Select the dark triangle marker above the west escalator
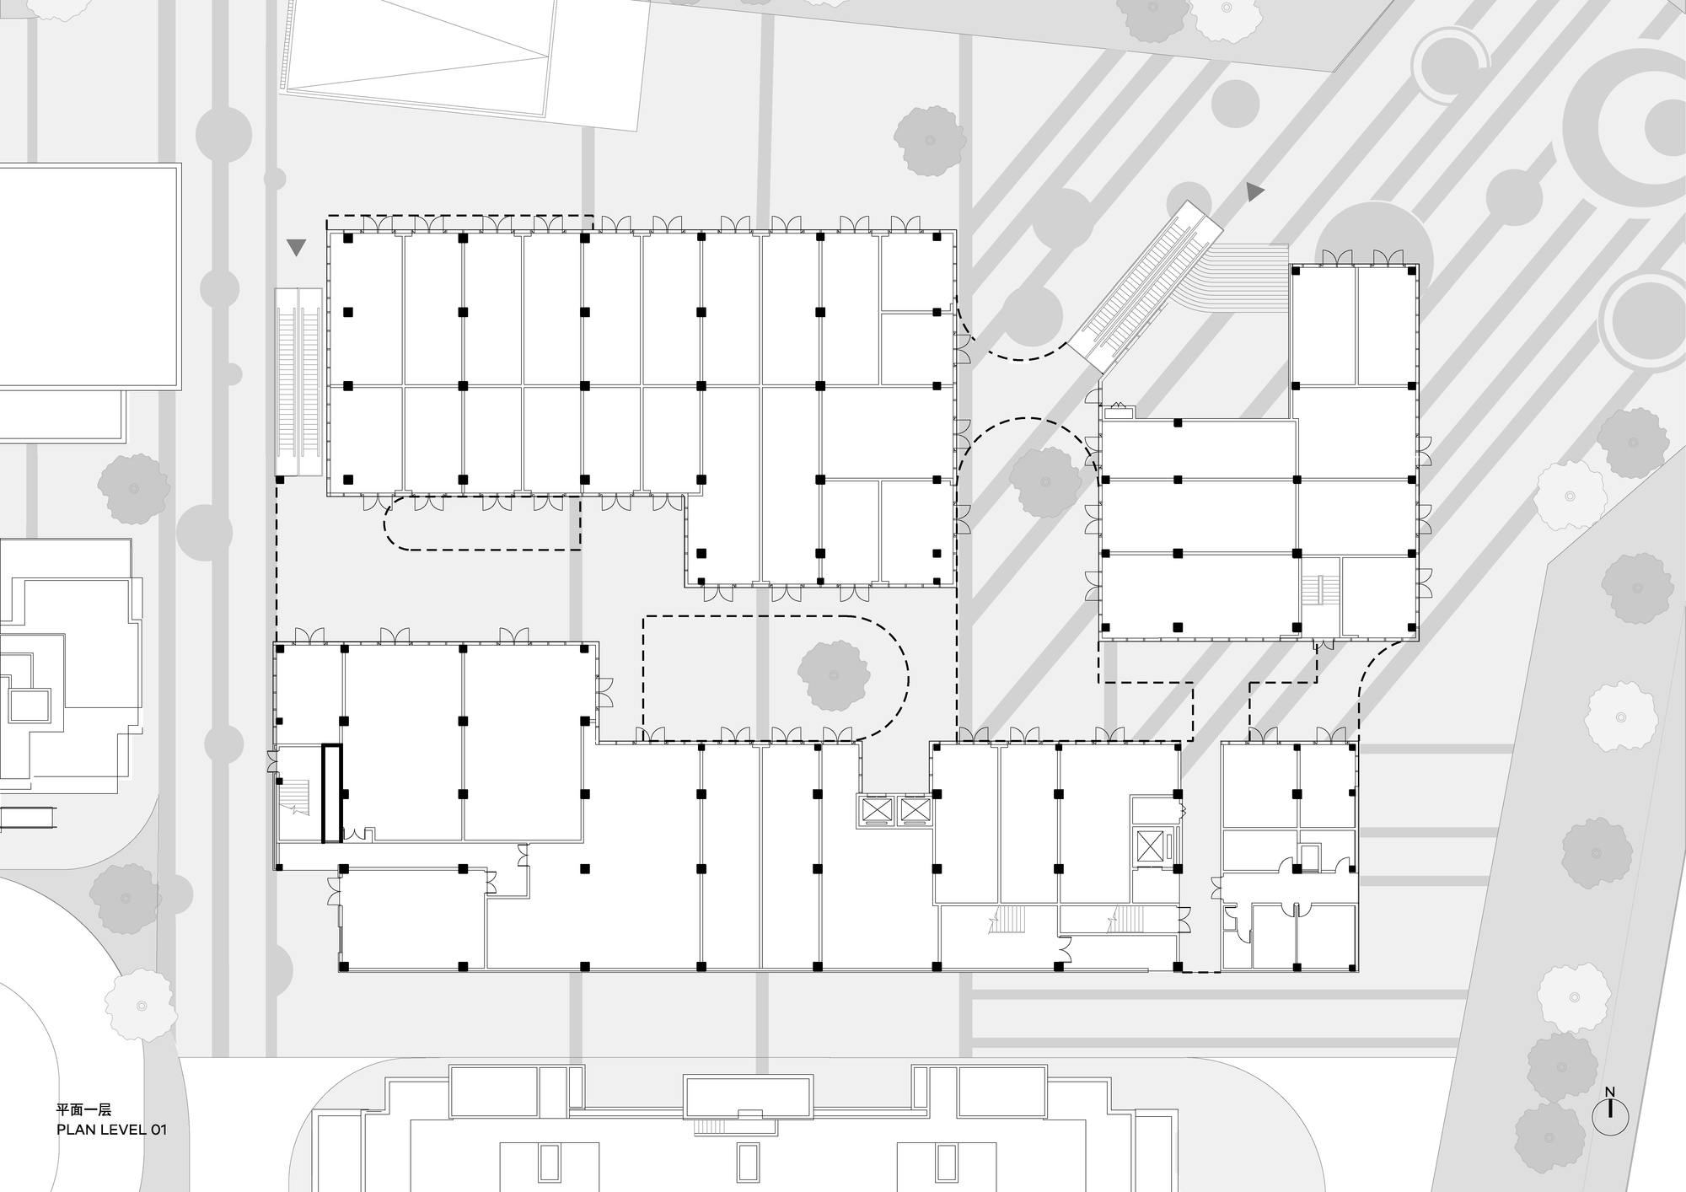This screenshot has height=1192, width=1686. click(x=296, y=247)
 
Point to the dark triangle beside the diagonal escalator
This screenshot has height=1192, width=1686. click(x=1256, y=192)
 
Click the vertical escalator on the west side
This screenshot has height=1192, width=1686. click(x=298, y=381)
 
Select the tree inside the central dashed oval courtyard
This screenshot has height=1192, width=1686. click(x=834, y=674)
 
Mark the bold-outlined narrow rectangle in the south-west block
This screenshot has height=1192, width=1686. click(x=332, y=793)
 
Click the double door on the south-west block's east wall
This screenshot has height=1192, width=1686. click(x=604, y=692)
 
